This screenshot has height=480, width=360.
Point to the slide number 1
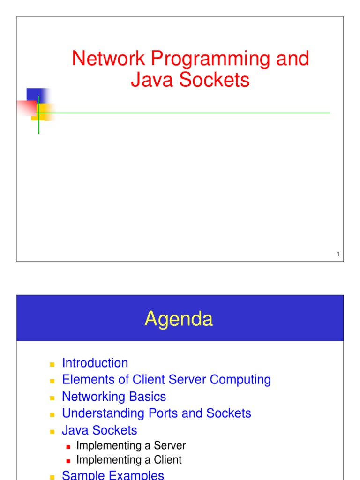pyautogui.click(x=337, y=255)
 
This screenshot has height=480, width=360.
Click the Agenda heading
pyautogui.click(x=179, y=319)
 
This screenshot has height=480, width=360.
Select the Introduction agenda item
pyautogui.click(x=95, y=363)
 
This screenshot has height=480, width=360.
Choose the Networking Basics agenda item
pyautogui.click(x=114, y=397)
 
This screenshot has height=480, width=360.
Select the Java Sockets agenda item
pyautogui.click(x=99, y=430)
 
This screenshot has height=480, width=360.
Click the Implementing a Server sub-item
pyautogui.click(x=131, y=445)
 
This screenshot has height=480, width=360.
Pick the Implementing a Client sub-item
pyautogui.click(x=128, y=460)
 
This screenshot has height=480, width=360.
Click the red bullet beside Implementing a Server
pyautogui.click(x=68, y=446)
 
